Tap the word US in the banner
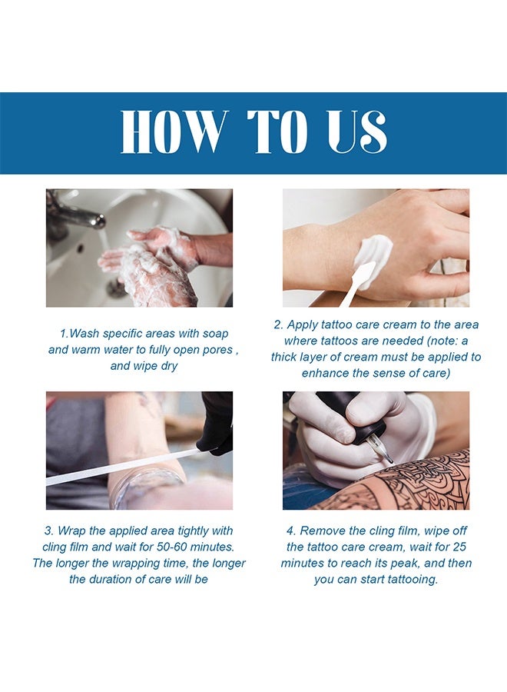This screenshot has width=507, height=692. point(357,131)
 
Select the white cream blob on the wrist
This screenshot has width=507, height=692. point(373,255)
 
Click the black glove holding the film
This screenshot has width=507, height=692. point(216,423)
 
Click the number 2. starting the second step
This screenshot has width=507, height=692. point(279,324)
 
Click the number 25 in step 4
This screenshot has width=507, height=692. point(459,547)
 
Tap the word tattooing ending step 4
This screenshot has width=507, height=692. point(413,580)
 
